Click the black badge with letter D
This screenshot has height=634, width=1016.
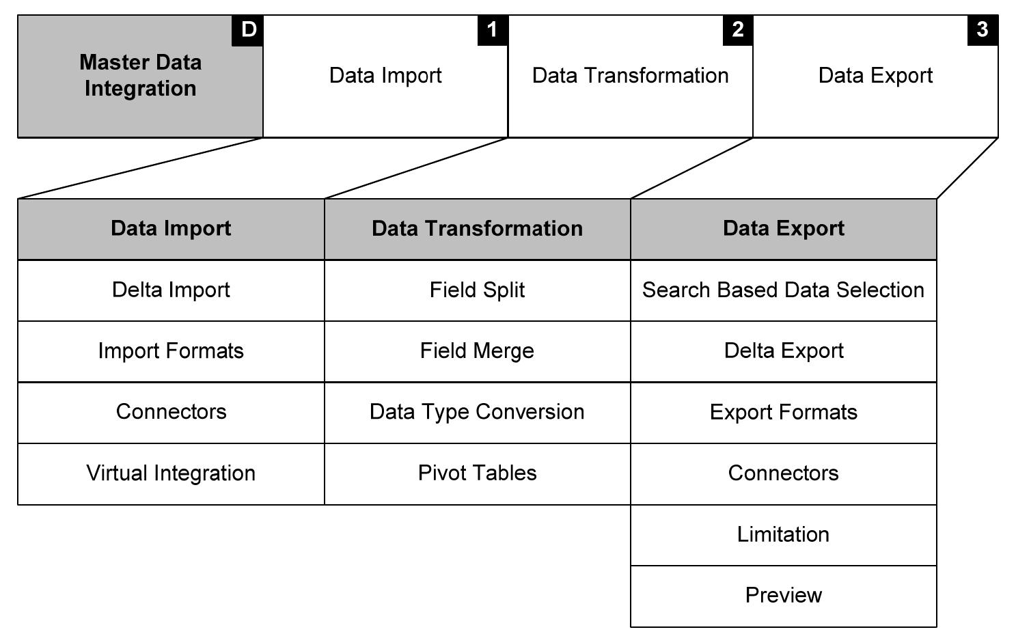247,31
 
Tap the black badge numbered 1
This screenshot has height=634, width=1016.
493,31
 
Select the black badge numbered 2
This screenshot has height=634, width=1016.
738,31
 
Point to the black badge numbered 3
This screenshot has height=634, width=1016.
983,31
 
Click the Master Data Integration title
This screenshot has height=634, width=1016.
141,76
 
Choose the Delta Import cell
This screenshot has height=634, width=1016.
171,290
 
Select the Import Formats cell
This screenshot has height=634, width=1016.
171,351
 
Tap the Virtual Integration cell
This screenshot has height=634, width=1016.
171,473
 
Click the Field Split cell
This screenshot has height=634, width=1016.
477,290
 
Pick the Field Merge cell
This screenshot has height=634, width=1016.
477,351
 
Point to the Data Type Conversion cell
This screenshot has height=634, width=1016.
477,412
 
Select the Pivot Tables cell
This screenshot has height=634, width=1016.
477,473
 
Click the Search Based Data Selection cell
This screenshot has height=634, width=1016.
783,290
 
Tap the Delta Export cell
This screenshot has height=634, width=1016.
783,351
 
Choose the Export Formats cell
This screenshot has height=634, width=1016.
783,413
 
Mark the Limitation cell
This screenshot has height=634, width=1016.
783,534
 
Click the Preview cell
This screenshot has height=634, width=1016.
783,596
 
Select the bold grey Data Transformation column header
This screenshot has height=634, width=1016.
477,229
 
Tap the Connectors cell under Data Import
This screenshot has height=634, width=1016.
171,412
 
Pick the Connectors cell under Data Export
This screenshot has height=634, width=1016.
783,473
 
